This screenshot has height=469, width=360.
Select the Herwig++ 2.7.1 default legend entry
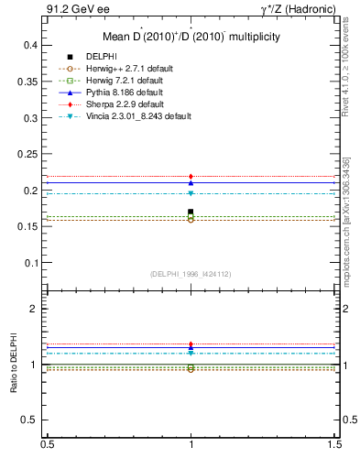[x=125, y=69]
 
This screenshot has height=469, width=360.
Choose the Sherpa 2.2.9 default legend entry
[x=120, y=104]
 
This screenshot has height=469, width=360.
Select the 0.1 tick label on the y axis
[x=30, y=263]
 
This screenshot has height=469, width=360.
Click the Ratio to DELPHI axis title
[x=14, y=365]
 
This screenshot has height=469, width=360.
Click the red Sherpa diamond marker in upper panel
[x=191, y=176]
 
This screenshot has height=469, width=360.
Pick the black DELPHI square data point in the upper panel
[x=191, y=212]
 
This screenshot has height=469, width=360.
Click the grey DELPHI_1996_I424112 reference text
[x=191, y=273]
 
